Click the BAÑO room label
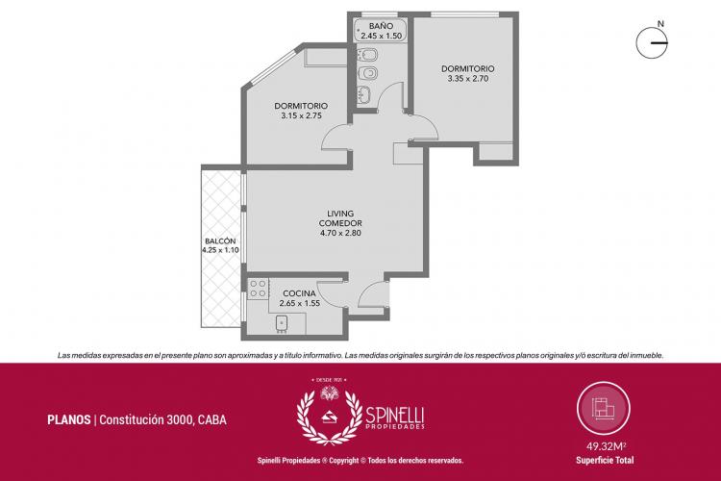(x=381, y=26)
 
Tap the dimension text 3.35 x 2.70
(x=467, y=79)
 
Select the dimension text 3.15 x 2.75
(x=301, y=116)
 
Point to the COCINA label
(x=299, y=293)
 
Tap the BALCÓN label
(x=220, y=241)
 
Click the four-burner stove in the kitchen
(x=258, y=289)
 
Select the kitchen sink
(x=282, y=323)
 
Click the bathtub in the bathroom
(x=381, y=31)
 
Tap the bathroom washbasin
(x=365, y=94)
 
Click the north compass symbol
(x=652, y=43)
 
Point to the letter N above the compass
(x=660, y=23)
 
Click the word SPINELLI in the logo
(x=394, y=416)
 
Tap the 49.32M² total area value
(x=606, y=446)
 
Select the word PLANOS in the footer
(x=69, y=419)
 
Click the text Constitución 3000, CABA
(x=162, y=419)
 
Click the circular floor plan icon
(x=604, y=408)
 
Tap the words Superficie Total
(x=605, y=460)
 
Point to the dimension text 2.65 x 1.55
(x=299, y=303)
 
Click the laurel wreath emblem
(x=329, y=416)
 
